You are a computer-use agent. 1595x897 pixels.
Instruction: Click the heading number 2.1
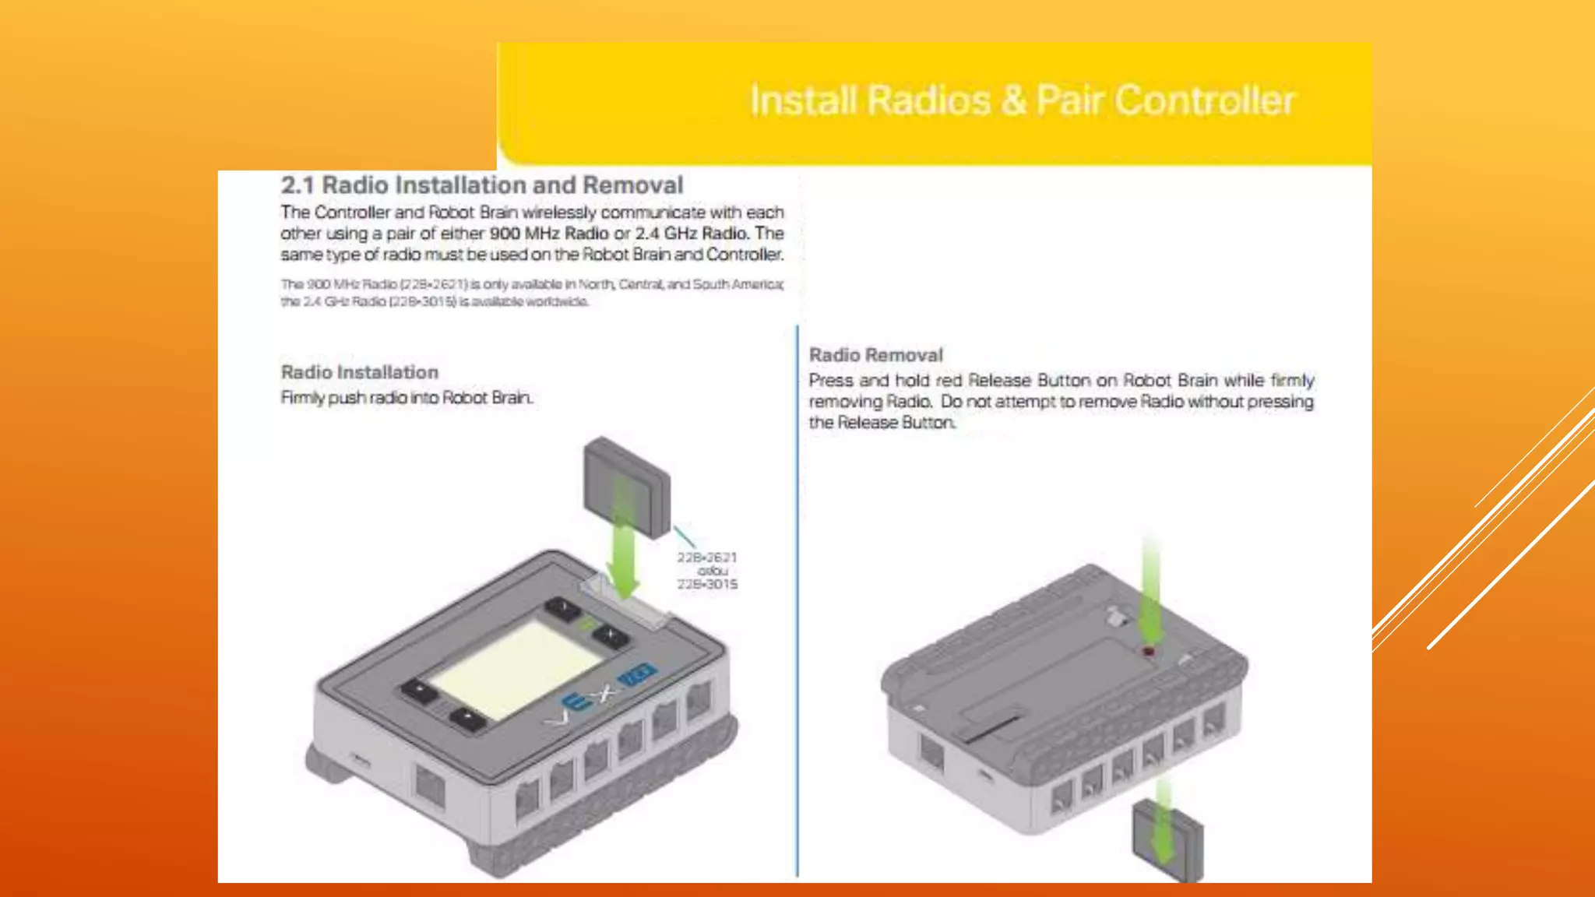pos(297,185)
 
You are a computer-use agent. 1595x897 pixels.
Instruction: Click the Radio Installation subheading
pos(359,372)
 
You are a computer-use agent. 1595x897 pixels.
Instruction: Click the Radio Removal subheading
pos(875,355)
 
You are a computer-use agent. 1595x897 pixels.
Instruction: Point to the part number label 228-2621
pos(706,558)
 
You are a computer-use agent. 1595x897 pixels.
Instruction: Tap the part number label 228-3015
pos(706,584)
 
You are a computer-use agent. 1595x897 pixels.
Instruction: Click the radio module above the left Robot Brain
pos(625,487)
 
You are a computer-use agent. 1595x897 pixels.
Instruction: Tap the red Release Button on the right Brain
pos(1148,651)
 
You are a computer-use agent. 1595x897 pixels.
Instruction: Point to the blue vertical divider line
pos(797,600)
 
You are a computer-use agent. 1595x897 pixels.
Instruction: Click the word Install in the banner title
pos(803,100)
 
